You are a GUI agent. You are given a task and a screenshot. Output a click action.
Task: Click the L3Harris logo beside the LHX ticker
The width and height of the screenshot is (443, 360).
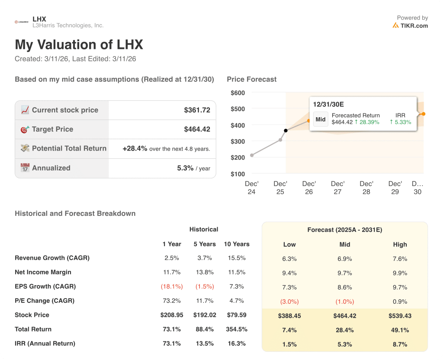[22, 22]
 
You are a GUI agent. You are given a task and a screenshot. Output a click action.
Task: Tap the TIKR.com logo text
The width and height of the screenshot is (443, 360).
[414, 26]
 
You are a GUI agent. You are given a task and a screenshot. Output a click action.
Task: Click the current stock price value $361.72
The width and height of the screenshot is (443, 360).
[197, 110]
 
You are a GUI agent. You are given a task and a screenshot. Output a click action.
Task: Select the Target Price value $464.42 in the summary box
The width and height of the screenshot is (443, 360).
[197, 129]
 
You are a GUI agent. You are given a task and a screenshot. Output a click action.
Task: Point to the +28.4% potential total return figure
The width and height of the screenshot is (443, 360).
[135, 148]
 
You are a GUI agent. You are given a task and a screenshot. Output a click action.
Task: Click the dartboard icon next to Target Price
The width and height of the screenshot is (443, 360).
[25, 129]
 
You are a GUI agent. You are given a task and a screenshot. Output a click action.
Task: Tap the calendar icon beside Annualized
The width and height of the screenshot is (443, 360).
[25, 168]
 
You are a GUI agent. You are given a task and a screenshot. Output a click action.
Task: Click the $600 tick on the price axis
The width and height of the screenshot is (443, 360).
[238, 93]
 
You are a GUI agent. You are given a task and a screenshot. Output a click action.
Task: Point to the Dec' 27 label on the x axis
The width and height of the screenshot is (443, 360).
[337, 187]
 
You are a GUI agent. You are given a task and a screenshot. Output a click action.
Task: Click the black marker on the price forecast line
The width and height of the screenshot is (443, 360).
[286, 130]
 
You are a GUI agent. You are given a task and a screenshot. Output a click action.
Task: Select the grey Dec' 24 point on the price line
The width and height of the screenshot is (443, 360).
[252, 155]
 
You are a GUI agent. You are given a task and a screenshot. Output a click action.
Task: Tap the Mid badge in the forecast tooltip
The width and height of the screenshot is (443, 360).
[321, 119]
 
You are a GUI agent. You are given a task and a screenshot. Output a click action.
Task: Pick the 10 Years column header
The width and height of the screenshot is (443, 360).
[237, 244]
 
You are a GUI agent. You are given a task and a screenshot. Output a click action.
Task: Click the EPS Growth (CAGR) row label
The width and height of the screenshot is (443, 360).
[45, 286]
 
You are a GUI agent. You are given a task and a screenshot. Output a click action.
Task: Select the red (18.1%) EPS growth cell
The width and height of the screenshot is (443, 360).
[172, 286]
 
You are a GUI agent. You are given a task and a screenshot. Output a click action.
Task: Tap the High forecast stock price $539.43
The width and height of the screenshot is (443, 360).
[400, 316]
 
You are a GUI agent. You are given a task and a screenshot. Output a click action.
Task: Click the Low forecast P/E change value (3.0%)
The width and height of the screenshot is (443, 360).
[289, 302]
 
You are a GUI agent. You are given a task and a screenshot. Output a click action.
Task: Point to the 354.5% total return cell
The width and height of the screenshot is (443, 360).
[237, 329]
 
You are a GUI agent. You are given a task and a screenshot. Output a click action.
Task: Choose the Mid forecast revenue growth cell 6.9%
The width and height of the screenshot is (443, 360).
[345, 259]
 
